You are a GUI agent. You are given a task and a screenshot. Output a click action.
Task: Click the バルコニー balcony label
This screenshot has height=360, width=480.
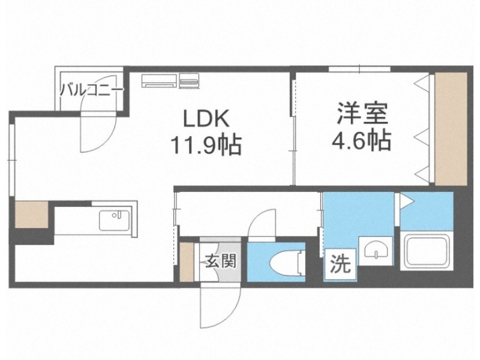(91, 91)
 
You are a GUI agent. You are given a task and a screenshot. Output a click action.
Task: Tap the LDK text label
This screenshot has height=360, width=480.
(206, 118)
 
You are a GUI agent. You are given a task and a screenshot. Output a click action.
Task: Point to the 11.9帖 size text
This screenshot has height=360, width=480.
(205, 144)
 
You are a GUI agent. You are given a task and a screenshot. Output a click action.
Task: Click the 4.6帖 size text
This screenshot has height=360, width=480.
(362, 142)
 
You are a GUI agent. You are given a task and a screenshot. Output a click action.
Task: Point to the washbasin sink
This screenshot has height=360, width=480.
(374, 248)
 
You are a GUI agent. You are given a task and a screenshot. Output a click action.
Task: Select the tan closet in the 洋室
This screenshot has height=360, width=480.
(451, 129)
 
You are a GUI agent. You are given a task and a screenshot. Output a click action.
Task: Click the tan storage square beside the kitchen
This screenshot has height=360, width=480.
(31, 214)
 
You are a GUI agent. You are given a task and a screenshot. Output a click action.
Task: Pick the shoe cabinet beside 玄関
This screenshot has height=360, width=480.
(187, 261)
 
